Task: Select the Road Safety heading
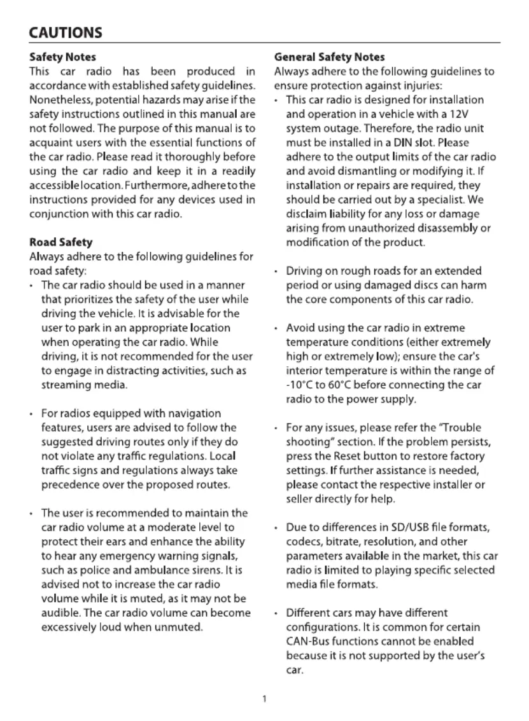pos(61,242)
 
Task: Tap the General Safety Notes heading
pos(330,58)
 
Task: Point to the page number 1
pos(264,700)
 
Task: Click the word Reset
pos(363,456)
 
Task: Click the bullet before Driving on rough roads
pos(275,272)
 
